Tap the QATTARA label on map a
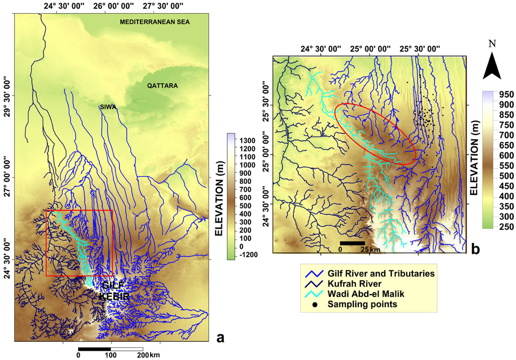click(162, 86)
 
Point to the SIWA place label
click(107, 107)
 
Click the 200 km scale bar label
click(148, 355)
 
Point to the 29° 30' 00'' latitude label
click(6, 96)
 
